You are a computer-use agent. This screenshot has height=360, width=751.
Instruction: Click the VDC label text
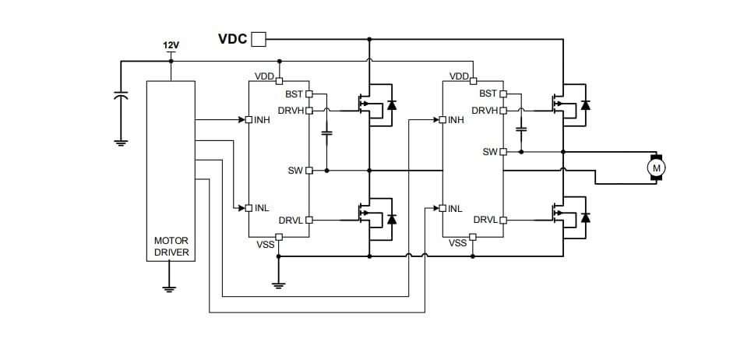click(x=232, y=38)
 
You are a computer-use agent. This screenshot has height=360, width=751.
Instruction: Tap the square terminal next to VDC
click(x=259, y=38)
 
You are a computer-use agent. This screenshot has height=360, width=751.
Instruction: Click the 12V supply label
click(x=171, y=46)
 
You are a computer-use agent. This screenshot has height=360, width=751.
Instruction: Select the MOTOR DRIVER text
click(x=171, y=246)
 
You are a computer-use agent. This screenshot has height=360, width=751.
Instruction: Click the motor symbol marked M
click(x=656, y=167)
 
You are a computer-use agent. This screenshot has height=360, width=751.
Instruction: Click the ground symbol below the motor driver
click(x=170, y=287)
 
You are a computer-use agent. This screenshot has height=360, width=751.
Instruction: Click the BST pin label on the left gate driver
click(x=294, y=94)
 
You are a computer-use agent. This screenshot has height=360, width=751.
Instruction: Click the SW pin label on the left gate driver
click(x=295, y=170)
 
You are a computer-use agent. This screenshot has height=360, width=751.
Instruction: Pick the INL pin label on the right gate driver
click(x=455, y=208)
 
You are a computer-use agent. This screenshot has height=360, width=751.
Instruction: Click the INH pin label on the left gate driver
click(x=261, y=120)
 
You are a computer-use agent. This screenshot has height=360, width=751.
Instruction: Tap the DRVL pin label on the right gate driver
click(x=485, y=220)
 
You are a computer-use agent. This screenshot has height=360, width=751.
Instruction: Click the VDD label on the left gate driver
click(x=263, y=76)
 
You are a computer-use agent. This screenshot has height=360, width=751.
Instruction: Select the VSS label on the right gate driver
click(x=458, y=243)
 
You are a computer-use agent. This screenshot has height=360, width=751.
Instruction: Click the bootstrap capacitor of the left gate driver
click(x=327, y=134)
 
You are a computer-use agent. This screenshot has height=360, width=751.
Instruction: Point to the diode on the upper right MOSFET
click(x=585, y=104)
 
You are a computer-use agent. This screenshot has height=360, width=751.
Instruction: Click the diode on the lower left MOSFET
click(x=391, y=219)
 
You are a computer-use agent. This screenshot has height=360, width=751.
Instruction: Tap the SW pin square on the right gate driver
click(x=503, y=152)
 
